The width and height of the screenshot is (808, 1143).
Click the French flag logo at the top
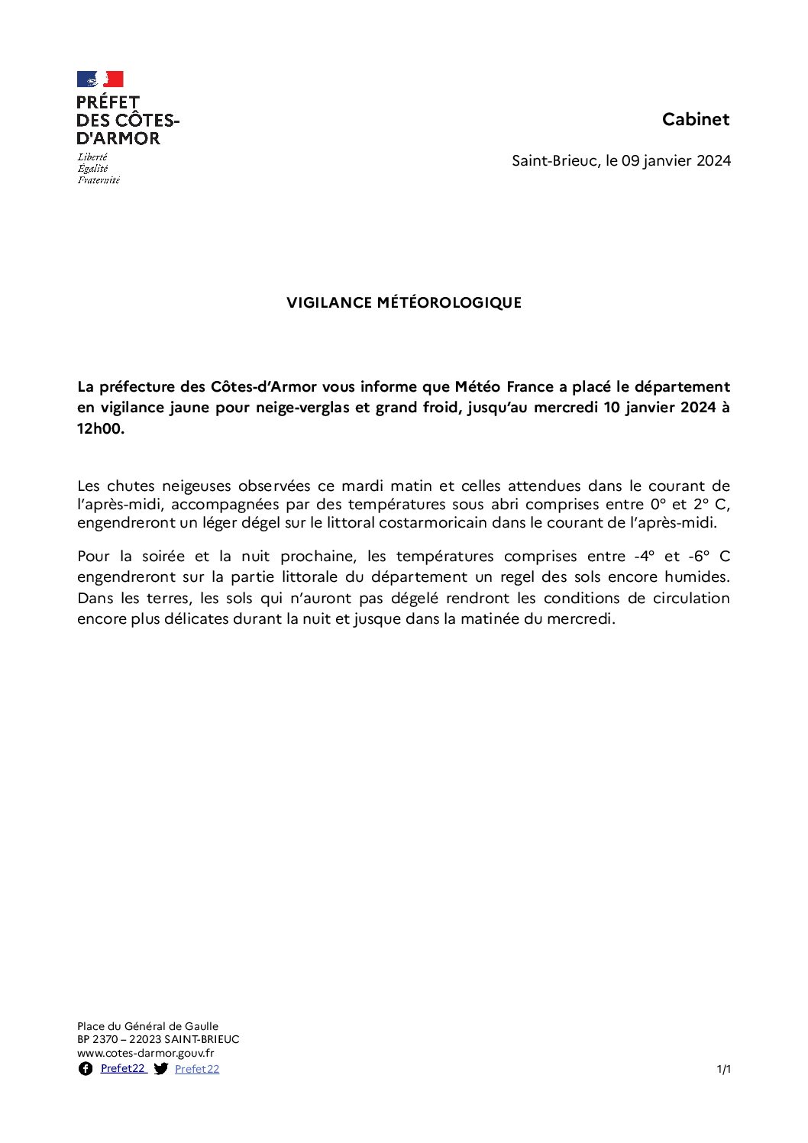coord(100,79)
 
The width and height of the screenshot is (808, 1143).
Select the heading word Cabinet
coord(696,119)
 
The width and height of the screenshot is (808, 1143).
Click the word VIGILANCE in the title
coord(328,302)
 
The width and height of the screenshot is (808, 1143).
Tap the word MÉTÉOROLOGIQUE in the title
coord(449,302)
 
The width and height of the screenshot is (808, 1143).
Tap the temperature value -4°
coord(645,556)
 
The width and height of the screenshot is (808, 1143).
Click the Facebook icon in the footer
coord(86,1069)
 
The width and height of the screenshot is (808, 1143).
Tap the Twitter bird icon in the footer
coord(160,1069)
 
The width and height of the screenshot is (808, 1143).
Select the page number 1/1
coord(723,1069)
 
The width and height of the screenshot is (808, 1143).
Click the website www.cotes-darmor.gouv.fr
coord(146,1053)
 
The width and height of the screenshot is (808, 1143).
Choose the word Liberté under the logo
coord(92,157)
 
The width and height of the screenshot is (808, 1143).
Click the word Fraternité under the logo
coord(99,180)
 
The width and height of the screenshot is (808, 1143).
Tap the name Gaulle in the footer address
coord(201,1026)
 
